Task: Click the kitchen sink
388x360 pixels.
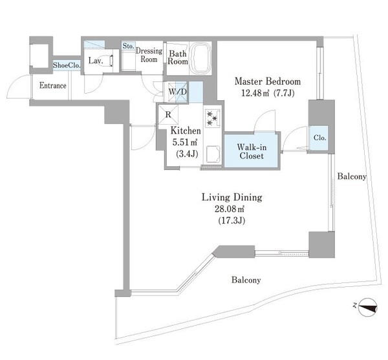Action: point(213,154)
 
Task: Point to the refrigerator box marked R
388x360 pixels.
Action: point(168,114)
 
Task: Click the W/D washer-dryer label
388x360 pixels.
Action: point(177,92)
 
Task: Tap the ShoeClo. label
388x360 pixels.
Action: point(67,65)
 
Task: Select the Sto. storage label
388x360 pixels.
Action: point(128,46)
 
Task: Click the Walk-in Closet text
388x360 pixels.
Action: point(252,151)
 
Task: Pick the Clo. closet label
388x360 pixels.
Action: point(319,138)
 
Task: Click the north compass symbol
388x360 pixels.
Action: point(367,307)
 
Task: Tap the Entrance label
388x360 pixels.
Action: point(53,85)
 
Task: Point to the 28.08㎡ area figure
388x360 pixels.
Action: point(230,209)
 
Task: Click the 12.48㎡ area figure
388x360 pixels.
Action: point(255,93)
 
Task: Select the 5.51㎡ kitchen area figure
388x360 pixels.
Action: point(184,142)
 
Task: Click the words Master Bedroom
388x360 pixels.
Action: point(268,81)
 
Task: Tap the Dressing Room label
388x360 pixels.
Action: point(149,55)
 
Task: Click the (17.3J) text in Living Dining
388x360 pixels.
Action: point(232,220)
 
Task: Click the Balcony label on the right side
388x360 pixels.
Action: point(352,176)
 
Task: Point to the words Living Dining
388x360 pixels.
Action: point(232,197)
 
